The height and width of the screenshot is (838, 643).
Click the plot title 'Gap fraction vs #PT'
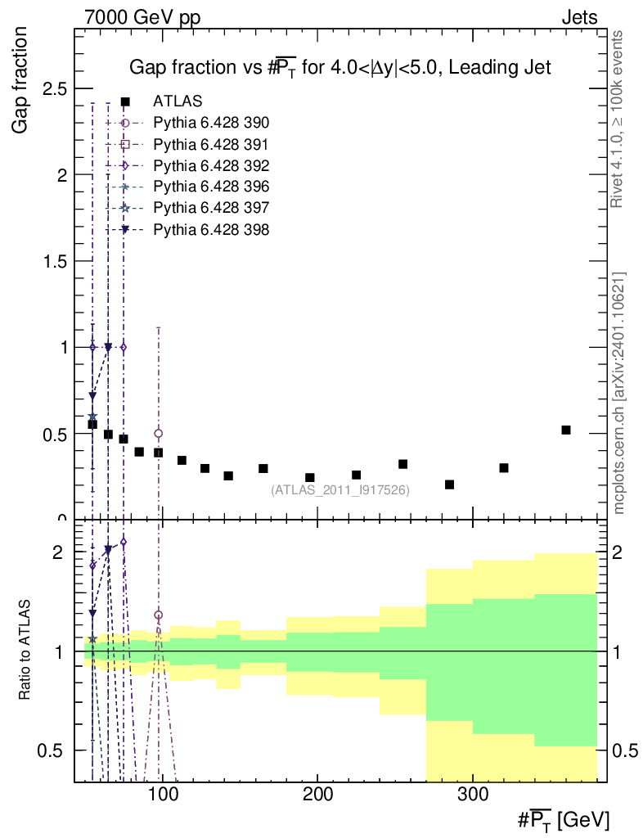340,69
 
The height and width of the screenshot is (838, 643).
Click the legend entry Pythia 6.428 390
211,123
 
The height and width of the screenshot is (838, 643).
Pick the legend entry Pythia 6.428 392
211,165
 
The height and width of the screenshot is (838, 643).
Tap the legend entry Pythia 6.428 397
211,208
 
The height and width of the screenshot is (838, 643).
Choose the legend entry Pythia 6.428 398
211,229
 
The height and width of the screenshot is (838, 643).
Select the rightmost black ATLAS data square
566,430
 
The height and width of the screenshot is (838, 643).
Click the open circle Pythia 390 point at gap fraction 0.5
159,434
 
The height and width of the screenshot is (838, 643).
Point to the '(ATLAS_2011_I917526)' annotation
340,489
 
